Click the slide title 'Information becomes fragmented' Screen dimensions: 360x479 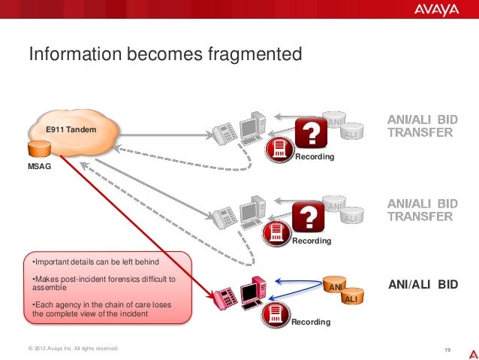click(x=164, y=55)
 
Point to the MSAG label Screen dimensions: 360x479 click(x=39, y=165)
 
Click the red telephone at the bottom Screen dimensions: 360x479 click(x=224, y=298)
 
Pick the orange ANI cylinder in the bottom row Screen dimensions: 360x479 click(x=336, y=287)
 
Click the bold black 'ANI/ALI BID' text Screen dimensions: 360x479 click(x=422, y=286)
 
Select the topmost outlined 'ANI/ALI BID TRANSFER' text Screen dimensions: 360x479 click(x=422, y=126)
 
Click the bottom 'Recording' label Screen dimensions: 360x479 click(x=310, y=322)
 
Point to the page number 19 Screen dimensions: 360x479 click(x=447, y=350)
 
